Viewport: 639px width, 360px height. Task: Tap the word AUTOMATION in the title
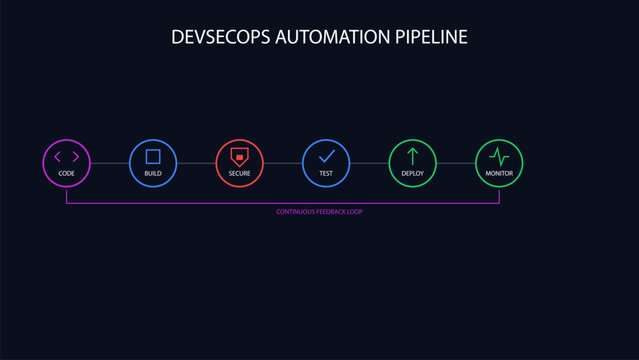(332, 37)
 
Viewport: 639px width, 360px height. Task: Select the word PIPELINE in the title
(432, 37)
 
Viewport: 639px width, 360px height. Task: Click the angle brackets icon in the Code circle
(67, 156)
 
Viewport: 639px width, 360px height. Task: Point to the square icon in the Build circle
(153, 156)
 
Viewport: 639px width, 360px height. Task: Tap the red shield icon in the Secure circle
(239, 156)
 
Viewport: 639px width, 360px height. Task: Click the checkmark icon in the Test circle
(326, 156)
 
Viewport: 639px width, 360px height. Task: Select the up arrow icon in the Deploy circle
(412, 156)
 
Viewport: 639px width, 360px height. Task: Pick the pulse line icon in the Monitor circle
(499, 156)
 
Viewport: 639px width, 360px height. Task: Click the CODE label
(67, 174)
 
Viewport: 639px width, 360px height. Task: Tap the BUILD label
(153, 174)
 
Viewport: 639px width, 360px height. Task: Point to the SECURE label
(239, 174)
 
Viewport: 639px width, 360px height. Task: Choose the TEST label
(326, 174)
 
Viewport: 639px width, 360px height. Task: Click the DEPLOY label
(412, 174)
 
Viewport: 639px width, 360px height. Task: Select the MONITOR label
(499, 174)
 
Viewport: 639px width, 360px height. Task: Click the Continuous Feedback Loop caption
(319, 212)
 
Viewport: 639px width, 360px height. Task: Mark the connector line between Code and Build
(110, 163)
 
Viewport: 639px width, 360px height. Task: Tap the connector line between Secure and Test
(283, 163)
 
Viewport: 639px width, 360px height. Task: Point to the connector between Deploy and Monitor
(455, 163)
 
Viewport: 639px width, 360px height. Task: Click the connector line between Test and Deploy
(369, 163)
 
